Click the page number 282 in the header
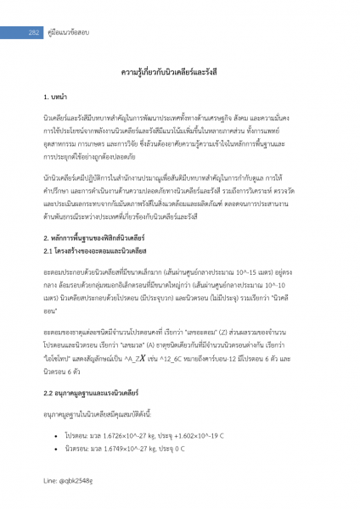click(35, 32)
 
